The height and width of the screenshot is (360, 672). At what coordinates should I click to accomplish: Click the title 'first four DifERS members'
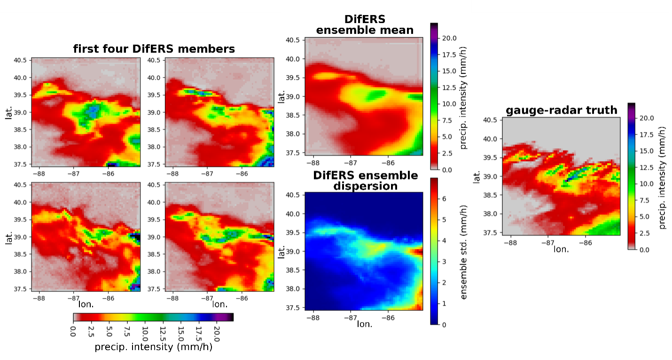tap(154, 49)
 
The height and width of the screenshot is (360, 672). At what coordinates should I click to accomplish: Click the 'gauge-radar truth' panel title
tap(561, 110)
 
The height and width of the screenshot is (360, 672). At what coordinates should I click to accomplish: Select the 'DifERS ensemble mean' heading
tap(365, 25)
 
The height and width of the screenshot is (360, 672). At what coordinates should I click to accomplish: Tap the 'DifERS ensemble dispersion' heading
tap(365, 180)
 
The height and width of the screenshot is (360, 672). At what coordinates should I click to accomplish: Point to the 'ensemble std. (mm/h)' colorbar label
tap(464, 251)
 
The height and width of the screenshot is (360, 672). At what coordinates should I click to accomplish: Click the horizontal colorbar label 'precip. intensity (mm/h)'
tap(153, 347)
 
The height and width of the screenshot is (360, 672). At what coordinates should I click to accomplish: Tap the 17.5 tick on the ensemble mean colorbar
tap(449, 55)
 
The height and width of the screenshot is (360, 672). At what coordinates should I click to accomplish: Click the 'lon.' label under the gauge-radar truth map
tap(561, 249)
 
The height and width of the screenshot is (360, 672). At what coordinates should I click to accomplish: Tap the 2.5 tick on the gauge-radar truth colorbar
tap(645, 233)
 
